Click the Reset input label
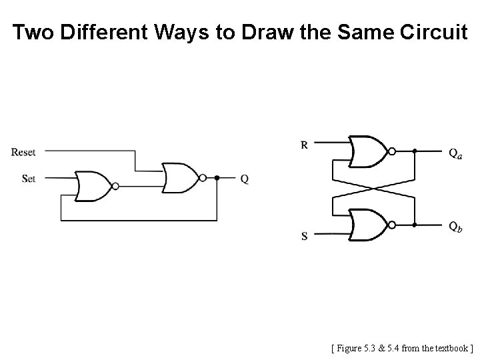pos(23,153)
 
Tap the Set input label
pos(29,179)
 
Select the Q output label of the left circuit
pos(245,179)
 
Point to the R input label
pos(304,143)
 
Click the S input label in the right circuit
pos(305,236)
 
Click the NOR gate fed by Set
pos(94,186)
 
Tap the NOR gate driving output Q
pos(181,178)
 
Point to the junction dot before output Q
pos(217,179)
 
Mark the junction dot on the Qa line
pos(415,151)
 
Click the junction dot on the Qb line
pos(415,225)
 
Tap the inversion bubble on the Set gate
pos(117,186)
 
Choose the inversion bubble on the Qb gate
pos(393,225)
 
